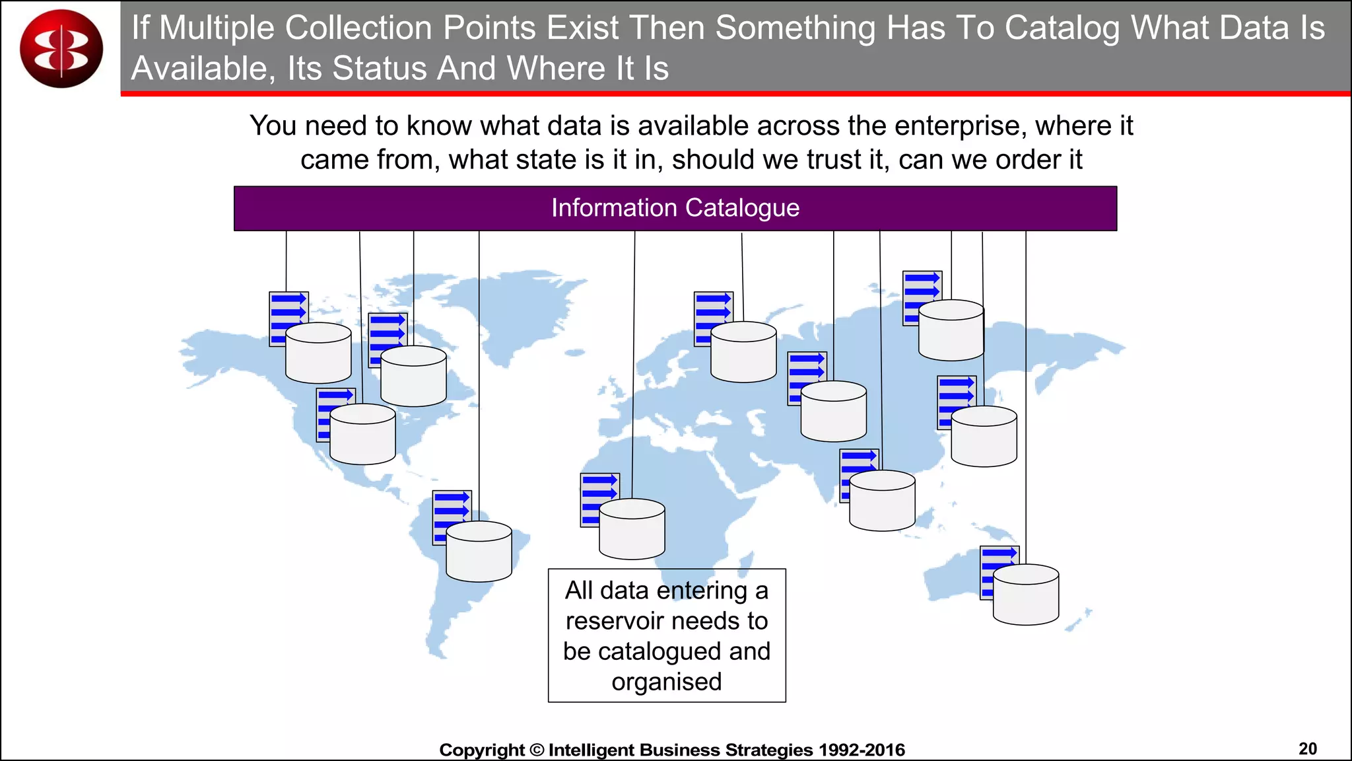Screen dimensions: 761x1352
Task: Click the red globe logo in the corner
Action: pos(61,48)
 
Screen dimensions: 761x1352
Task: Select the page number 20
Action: pos(1307,748)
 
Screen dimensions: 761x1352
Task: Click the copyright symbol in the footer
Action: pos(536,750)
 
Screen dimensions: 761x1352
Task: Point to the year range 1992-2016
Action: pos(862,750)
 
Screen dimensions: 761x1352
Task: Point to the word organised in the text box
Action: pos(667,682)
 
